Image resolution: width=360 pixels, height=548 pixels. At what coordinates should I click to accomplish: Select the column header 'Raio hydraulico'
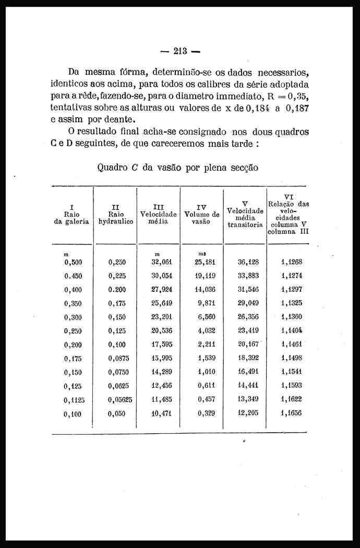click(x=115, y=213)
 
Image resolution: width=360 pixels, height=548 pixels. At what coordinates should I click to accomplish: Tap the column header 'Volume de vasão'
click(x=201, y=214)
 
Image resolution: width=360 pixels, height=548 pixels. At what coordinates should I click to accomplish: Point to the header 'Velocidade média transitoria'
click(x=245, y=213)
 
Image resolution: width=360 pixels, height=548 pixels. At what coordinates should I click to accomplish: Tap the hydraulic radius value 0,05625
click(x=120, y=399)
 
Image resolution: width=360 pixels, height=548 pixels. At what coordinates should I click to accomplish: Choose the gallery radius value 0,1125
click(x=74, y=400)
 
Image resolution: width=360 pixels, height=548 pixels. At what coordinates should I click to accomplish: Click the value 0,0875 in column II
click(x=119, y=358)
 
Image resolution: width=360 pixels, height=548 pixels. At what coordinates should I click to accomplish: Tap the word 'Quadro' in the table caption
click(x=112, y=168)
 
